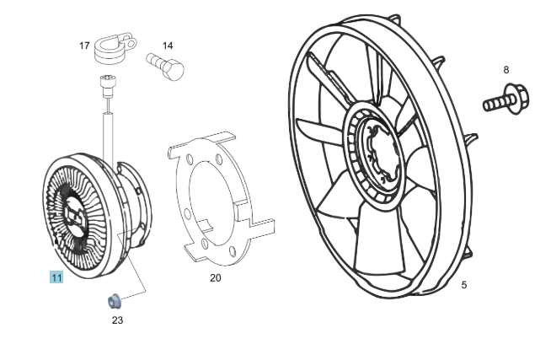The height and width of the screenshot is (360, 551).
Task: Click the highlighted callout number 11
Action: [x=56, y=277]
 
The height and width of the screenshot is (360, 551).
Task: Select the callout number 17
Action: [x=84, y=46]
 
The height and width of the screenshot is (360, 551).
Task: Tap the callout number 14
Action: [x=168, y=46]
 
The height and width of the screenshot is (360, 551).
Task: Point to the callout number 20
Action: [x=216, y=278]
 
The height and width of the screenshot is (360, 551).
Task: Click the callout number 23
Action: [x=117, y=320]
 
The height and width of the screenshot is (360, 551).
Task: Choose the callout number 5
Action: [x=464, y=285]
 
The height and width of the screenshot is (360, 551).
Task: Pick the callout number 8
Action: [x=506, y=70]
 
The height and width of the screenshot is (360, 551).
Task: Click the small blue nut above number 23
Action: [x=114, y=302]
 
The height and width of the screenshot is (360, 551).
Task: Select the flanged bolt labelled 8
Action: [x=506, y=99]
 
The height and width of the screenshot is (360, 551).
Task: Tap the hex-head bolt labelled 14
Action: [x=165, y=66]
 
